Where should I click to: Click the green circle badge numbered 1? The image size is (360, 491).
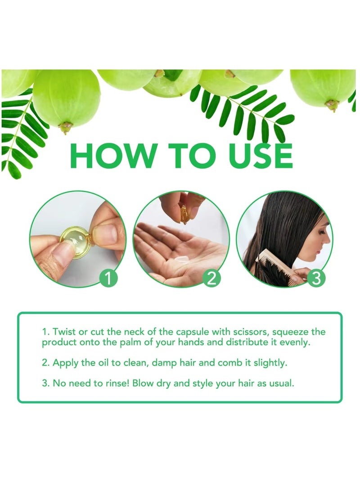(108, 278)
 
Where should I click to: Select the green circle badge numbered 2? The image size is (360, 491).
(211, 278)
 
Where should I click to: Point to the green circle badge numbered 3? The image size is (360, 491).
(316, 278)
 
